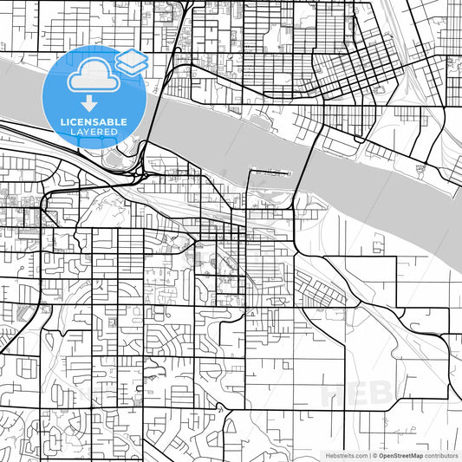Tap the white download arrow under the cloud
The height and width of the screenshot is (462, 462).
pos(89,103)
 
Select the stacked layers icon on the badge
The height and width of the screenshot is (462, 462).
pos(131,61)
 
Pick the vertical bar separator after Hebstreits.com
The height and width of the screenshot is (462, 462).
pos(368,454)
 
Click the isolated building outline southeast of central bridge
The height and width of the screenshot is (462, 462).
pos(376,248)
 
